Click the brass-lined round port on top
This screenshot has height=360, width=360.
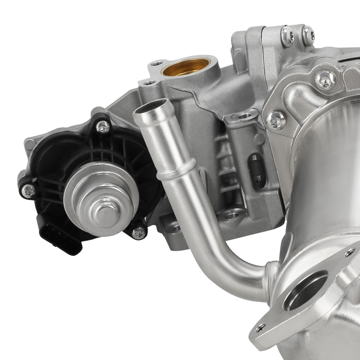tap(186, 67)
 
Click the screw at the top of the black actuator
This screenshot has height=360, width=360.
tap(103, 126)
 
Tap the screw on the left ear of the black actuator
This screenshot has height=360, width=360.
tap(27, 190)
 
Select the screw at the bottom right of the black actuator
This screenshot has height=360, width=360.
tap(138, 232)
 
